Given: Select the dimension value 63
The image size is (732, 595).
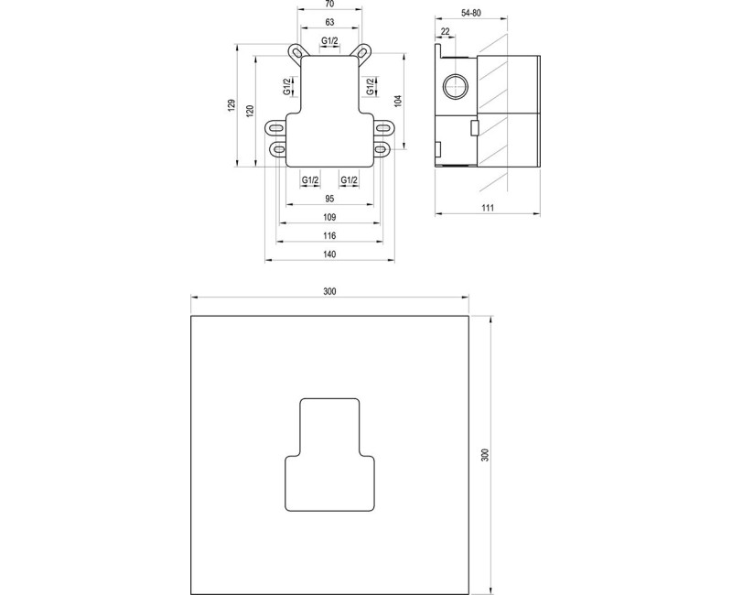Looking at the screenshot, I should (330, 22).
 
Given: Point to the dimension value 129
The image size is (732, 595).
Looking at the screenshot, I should (234, 106).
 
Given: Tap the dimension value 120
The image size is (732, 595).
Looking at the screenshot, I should (250, 112).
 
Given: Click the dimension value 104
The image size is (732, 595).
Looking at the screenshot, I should (398, 101).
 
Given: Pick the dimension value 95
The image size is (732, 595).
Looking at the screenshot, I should (330, 199).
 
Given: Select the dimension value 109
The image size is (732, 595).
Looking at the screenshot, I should (330, 217).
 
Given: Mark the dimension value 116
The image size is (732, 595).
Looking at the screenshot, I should (330, 236).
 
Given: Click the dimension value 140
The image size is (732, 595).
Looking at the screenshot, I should (330, 255).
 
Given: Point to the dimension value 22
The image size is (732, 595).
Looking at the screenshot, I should (445, 33).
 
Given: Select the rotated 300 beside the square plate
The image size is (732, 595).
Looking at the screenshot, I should (485, 455).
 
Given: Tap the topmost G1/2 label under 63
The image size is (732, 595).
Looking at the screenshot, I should (330, 40).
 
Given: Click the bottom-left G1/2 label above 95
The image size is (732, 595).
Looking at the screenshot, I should (310, 179).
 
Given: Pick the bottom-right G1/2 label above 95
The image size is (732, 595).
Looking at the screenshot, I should (350, 179).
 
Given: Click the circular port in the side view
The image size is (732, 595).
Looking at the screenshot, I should (455, 89).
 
